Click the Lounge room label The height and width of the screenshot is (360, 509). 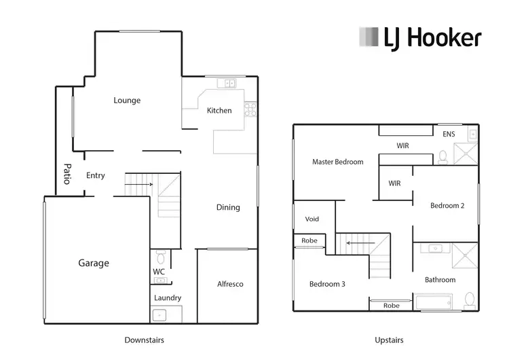click(127, 101)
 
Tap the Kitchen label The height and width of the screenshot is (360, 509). click(219, 111)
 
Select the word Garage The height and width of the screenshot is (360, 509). click(94, 264)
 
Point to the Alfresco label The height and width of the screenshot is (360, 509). click(230, 284)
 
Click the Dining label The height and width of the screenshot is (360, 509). click(228, 207)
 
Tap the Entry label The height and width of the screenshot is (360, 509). click(96, 175)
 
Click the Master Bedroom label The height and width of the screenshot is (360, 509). click(337, 162)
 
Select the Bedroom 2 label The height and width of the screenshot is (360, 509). click(447, 206)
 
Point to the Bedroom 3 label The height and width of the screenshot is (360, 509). click(327, 284)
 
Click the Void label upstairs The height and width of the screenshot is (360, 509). click(312, 219)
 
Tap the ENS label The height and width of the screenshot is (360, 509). click(449, 134)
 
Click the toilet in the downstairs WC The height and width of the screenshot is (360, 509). click(161, 257)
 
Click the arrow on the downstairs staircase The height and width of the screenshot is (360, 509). click(149, 184)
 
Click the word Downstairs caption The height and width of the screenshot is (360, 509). click(144, 340)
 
